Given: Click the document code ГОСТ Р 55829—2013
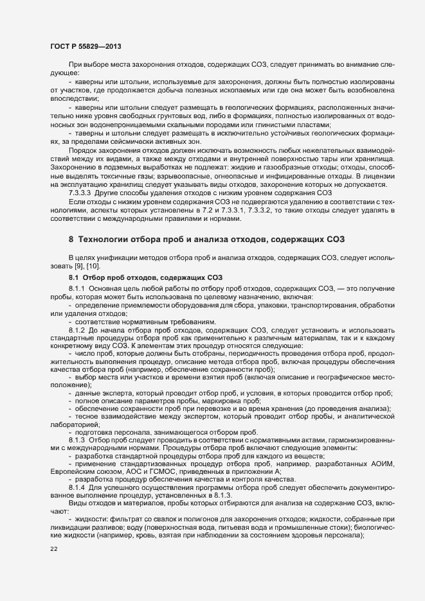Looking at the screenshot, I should (x=86, y=46).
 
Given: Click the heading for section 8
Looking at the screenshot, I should (x=207, y=240).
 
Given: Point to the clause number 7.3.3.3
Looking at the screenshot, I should (x=82, y=193).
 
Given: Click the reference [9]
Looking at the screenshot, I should (x=75, y=266).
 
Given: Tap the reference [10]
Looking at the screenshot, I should (x=91, y=266).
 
